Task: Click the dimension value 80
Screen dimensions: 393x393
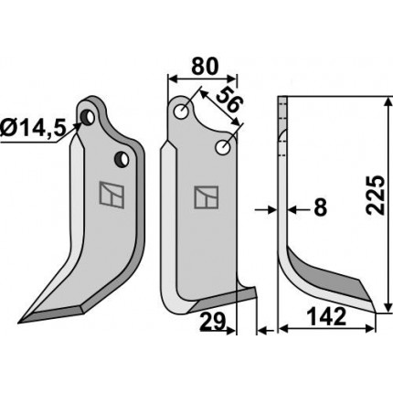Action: pyautogui.click(x=205, y=67)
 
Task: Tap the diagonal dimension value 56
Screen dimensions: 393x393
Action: pyautogui.click(x=229, y=101)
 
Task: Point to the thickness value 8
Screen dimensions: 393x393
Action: pyautogui.click(x=320, y=208)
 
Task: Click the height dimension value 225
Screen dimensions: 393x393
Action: pyautogui.click(x=376, y=196)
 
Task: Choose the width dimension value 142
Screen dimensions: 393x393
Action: pyautogui.click(x=326, y=317)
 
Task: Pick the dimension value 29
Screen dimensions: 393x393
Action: pyautogui.click(x=212, y=322)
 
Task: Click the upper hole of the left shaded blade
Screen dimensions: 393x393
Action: pyautogui.click(x=88, y=117)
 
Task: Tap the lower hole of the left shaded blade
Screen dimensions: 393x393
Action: pyautogui.click(x=122, y=159)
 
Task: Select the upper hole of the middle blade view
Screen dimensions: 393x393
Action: pyautogui.click(x=182, y=112)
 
